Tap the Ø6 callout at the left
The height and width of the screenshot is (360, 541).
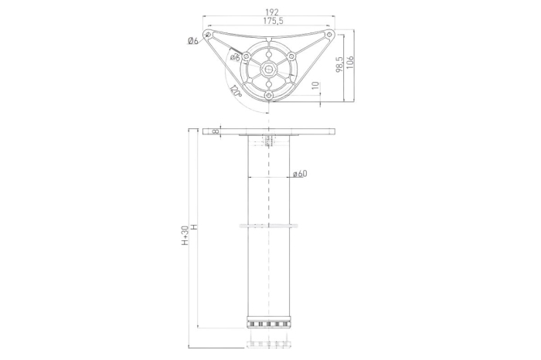click(192, 41)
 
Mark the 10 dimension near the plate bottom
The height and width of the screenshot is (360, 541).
click(315, 85)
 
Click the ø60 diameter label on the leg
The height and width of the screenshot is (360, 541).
click(300, 173)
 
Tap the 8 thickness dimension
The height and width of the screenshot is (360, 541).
click(216, 131)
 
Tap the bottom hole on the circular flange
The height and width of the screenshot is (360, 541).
click(269, 94)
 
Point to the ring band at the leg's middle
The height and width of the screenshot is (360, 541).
click(269, 226)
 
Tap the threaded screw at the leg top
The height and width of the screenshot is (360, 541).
click(269, 141)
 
